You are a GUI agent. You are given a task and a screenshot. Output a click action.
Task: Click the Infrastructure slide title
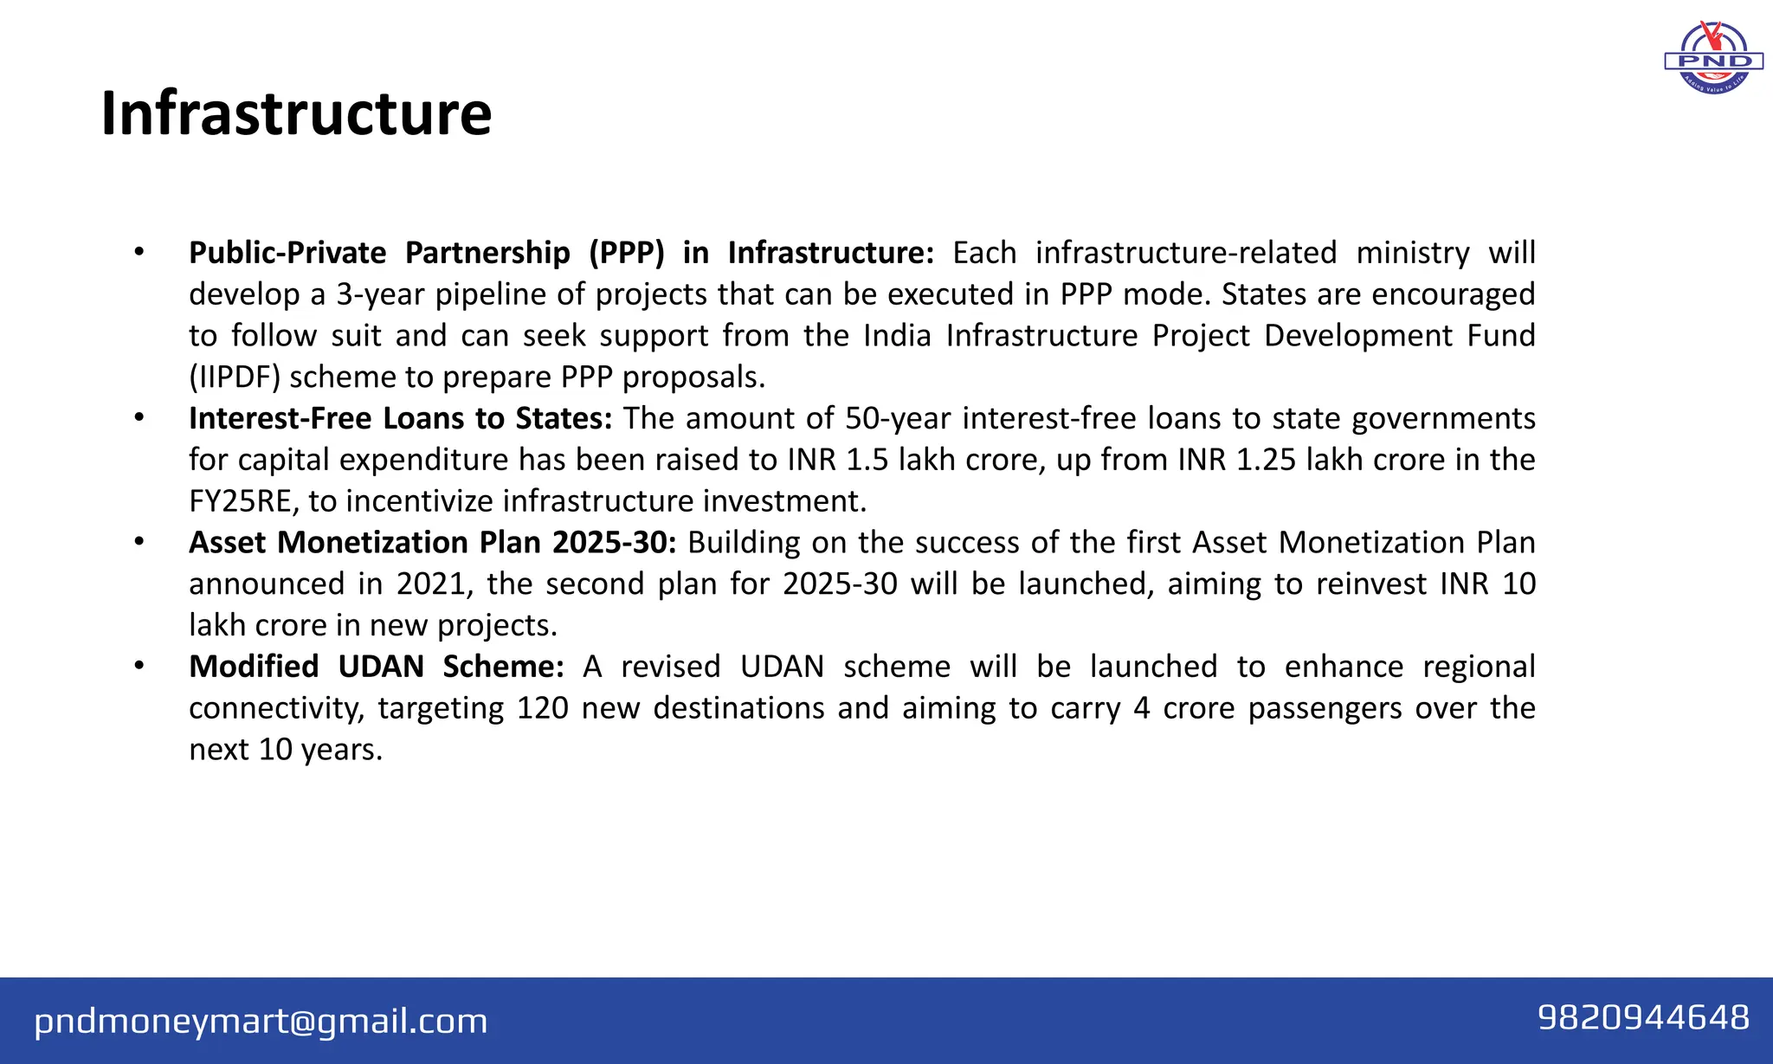click(x=296, y=113)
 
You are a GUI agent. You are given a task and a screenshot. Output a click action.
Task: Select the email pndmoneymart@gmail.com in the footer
click(x=261, y=1021)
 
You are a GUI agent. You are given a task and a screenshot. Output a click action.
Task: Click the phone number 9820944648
click(x=1643, y=1018)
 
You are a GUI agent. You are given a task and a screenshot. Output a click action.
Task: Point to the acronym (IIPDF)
click(x=235, y=377)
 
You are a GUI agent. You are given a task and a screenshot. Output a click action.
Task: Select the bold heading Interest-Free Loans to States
click(x=400, y=418)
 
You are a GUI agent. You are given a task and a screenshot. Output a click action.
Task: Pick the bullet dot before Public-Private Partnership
click(x=139, y=253)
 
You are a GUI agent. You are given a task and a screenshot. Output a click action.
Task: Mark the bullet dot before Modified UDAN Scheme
click(x=139, y=667)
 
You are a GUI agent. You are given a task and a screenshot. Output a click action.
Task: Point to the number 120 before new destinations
click(x=542, y=708)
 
